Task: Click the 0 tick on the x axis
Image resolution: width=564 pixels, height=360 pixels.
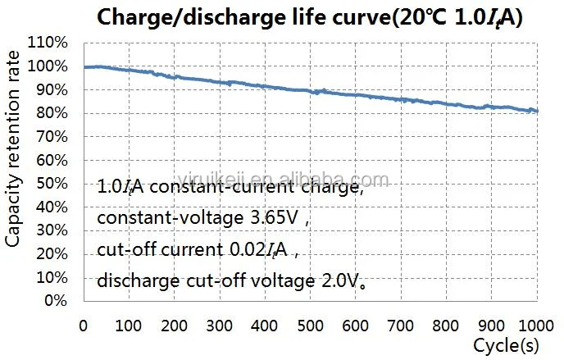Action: coord(83,325)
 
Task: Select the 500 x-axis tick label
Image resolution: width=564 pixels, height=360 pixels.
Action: coord(310,325)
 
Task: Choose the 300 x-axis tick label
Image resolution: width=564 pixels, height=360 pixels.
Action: coord(219,325)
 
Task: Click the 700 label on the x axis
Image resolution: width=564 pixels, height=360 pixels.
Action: coord(401,325)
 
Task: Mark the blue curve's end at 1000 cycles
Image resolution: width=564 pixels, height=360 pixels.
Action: coord(537,111)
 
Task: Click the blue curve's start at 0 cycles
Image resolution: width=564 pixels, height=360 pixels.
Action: coord(84,67)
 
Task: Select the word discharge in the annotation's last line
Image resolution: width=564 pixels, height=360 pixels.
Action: coord(138,280)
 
